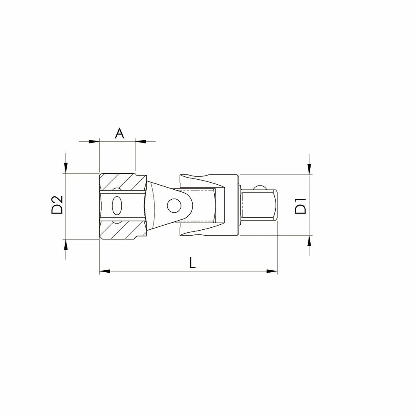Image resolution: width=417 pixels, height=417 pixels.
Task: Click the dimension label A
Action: [119, 133]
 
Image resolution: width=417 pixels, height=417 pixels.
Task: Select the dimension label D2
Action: [57, 205]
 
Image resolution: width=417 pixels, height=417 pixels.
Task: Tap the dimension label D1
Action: [301, 206]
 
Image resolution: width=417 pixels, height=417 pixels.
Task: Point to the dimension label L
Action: [192, 263]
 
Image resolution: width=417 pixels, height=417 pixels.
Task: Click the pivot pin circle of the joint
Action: [174, 205]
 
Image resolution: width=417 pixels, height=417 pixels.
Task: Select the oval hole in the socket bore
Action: [117, 206]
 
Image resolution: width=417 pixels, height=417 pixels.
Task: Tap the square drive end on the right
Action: [259, 205]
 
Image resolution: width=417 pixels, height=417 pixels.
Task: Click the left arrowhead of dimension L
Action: [105, 271]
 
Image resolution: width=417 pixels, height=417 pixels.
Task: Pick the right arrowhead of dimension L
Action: [272, 271]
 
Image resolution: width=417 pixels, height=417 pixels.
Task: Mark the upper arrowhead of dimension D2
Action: [66, 168]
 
